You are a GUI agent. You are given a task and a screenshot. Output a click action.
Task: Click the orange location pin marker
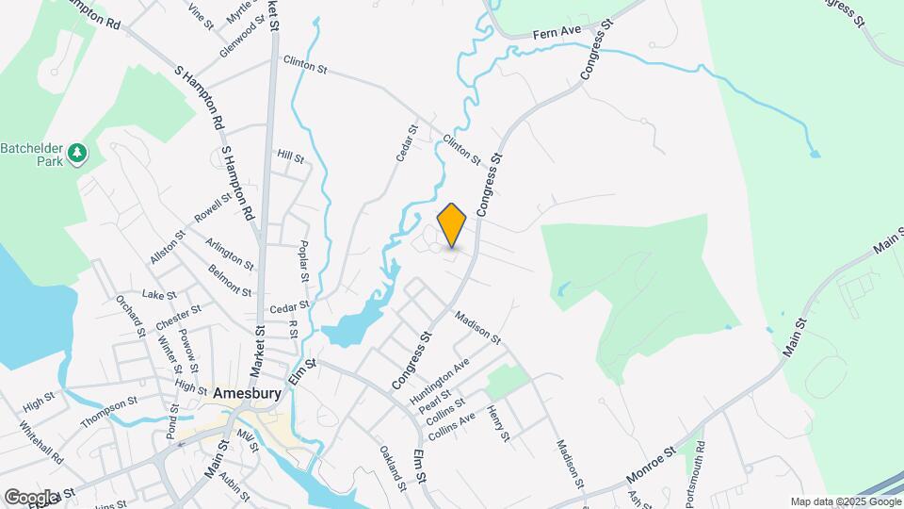pyautogui.click(x=452, y=225)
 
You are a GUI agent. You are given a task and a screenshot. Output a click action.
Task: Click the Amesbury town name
pyautogui.click(x=248, y=393)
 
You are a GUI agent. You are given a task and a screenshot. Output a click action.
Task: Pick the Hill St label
pyautogui.click(x=290, y=156)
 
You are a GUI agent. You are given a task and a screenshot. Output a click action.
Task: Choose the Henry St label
pyautogui.click(x=498, y=424)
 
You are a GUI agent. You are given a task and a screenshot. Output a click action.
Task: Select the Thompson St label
pyautogui.click(x=109, y=411)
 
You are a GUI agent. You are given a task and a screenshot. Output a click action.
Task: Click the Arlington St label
pyautogui.click(x=230, y=252)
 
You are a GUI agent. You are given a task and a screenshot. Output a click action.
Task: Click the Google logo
pyautogui.click(x=30, y=497)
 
